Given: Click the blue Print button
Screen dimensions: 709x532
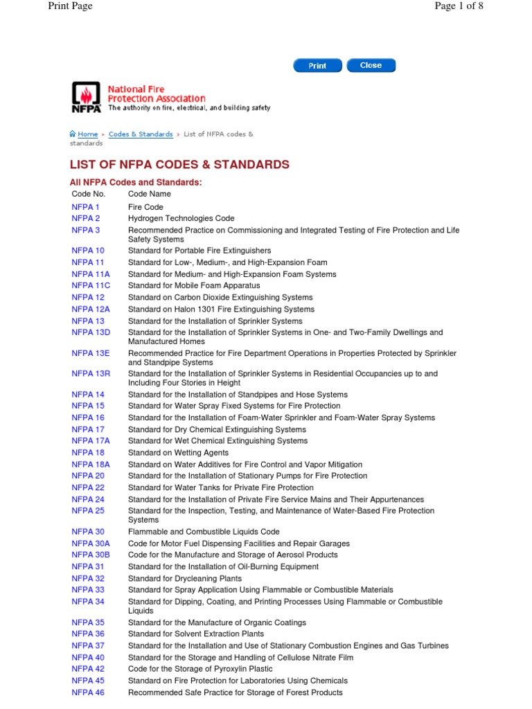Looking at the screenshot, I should (x=317, y=66).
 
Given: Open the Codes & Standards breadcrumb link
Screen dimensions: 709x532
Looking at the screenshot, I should (x=141, y=134).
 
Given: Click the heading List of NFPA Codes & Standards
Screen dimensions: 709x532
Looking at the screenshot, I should (x=179, y=165).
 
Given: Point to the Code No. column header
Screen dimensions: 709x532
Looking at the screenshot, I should (x=88, y=195).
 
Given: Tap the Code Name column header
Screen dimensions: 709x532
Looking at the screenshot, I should (x=150, y=195).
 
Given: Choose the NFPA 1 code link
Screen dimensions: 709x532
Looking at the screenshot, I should (x=85, y=207).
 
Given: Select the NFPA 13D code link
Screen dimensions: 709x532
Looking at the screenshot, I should (x=91, y=333).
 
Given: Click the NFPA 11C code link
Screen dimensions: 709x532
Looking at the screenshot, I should (x=91, y=286).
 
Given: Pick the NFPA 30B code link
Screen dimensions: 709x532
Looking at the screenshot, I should (x=91, y=555).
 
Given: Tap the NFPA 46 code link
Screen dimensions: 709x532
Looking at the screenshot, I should (x=88, y=692).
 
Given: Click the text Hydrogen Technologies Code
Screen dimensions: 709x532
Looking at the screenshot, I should (x=181, y=219).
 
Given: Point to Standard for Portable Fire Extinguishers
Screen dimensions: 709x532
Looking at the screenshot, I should (x=199, y=251).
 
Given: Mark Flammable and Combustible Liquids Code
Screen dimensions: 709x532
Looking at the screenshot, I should (x=204, y=532).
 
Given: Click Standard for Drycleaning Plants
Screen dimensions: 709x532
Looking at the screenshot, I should (x=185, y=578).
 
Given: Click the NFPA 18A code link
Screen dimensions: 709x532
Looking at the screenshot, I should (x=91, y=465).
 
